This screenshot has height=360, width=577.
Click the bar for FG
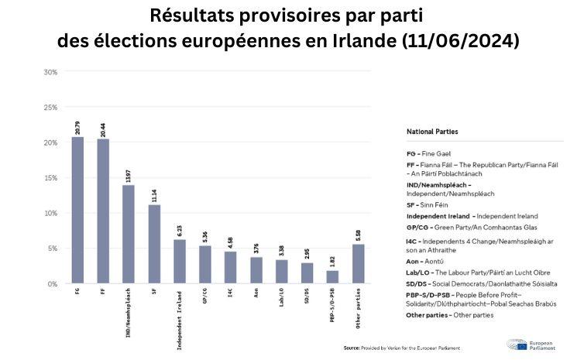[x=77, y=210]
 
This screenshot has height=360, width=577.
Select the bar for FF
[x=103, y=211]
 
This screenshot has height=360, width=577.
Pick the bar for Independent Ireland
[x=180, y=261]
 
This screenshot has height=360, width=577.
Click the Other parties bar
[x=358, y=263]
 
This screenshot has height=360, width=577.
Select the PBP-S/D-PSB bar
[x=332, y=276]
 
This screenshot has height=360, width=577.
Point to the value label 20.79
[x=77, y=125]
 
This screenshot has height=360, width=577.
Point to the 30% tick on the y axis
[x=50, y=72]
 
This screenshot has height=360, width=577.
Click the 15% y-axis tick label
[x=50, y=178]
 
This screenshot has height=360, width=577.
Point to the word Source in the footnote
[x=352, y=348]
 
